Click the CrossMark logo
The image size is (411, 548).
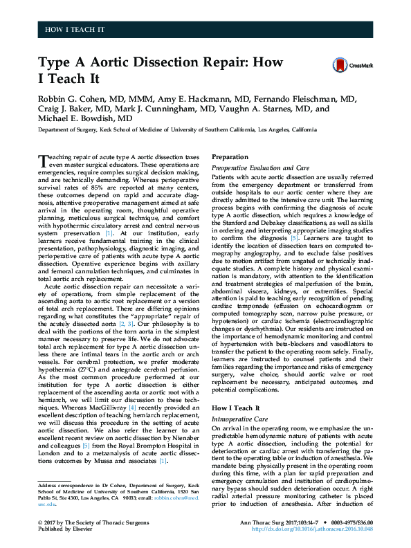[352, 64]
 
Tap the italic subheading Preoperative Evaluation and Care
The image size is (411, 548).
[260, 167]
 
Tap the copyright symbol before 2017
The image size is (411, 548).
[41, 520]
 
